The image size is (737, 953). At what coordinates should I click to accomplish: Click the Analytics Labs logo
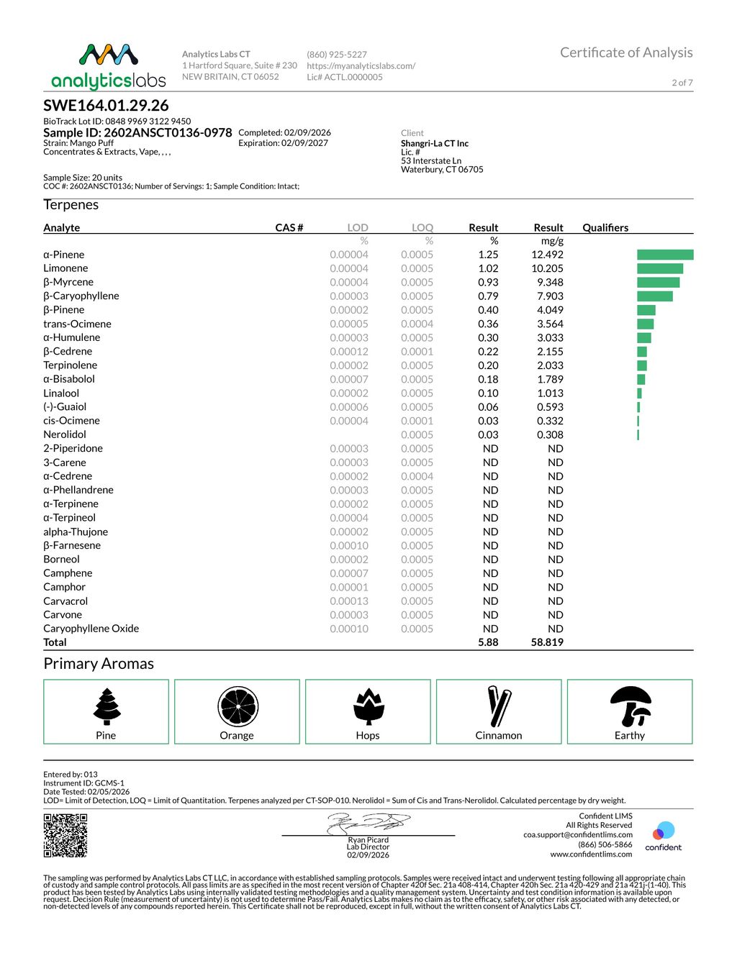109,66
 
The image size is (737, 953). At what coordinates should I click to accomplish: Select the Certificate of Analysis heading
626,53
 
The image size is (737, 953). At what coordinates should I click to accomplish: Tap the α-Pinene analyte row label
64,255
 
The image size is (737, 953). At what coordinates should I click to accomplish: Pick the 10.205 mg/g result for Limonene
547,268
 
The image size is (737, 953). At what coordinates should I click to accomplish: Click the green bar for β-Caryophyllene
654,296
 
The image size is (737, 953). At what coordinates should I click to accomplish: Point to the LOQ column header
422,227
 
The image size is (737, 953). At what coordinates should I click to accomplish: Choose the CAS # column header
289,227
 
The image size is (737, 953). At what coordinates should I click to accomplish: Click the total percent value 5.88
488,642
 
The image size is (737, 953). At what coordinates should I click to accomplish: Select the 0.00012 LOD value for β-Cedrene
349,352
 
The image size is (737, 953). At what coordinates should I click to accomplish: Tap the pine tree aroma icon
107,706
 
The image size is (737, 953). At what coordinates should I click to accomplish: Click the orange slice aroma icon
238,706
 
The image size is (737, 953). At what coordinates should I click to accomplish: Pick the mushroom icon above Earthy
630,706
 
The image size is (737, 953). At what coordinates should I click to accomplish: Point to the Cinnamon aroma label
499,736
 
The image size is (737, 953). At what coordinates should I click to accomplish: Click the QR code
65,835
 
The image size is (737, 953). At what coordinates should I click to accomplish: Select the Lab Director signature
368,823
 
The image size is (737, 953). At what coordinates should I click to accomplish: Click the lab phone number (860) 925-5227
337,55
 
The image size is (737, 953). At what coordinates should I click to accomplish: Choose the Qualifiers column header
605,227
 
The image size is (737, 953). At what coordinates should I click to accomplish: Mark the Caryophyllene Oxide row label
91,629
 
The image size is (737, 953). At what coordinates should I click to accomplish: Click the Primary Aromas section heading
99,664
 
